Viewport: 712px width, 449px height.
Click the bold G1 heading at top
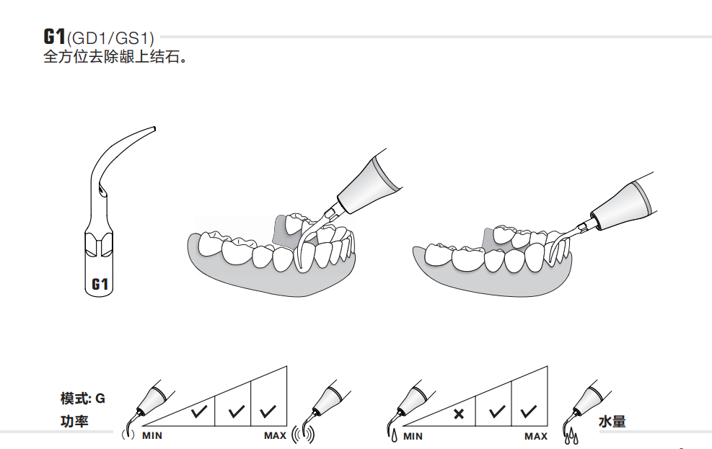pyautogui.click(x=55, y=36)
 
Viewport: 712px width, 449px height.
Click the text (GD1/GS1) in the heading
pyautogui.click(x=110, y=38)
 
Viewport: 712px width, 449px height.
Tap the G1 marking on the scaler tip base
pyautogui.click(x=100, y=284)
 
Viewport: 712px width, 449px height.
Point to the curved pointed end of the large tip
pyautogui.click(x=154, y=128)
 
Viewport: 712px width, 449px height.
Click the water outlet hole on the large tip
pyautogui.click(x=103, y=192)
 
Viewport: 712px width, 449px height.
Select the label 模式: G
pyautogui.click(x=83, y=399)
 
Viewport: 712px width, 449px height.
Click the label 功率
pyautogui.click(x=74, y=422)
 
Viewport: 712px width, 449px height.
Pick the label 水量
pyautogui.click(x=612, y=422)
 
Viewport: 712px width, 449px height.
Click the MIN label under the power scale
pyautogui.click(x=152, y=436)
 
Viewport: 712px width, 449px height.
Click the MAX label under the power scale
pyautogui.click(x=275, y=436)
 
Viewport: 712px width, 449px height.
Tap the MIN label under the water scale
pyautogui.click(x=413, y=436)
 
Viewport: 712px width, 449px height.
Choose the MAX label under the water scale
pyautogui.click(x=536, y=436)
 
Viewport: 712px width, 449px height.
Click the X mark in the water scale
pyautogui.click(x=459, y=413)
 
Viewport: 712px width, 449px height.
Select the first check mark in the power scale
pyautogui.click(x=199, y=412)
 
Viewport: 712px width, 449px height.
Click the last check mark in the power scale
pyautogui.click(x=268, y=412)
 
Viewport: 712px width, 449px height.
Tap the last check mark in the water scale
pyautogui.click(x=529, y=412)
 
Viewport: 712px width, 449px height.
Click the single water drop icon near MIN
pyautogui.click(x=394, y=435)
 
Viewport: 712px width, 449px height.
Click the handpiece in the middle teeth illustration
pyautogui.click(x=367, y=183)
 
